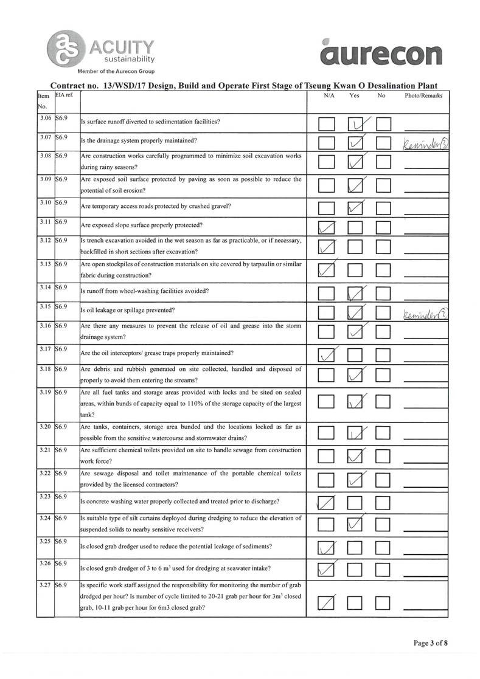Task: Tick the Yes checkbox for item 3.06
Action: (357, 125)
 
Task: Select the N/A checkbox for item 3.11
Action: (327, 229)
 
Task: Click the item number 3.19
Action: (44, 393)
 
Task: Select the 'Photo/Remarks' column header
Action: (423, 96)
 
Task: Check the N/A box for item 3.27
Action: (327, 603)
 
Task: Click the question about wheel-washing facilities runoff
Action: (145, 291)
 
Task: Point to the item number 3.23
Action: (44, 496)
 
